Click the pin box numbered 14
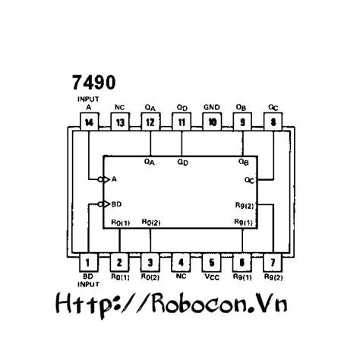pos(89,122)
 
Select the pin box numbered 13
pos(119,122)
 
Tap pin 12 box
pos(150,122)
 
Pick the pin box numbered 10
pos(212,122)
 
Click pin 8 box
pos(273,122)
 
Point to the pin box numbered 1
pos(89,263)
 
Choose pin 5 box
pos(212,263)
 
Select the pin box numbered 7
pos(273,263)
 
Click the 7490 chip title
pos(92,81)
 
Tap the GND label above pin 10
pos(212,106)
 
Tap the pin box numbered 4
pos(181,263)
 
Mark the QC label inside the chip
pos(249,180)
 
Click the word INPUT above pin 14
pos(89,99)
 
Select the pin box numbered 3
pos(150,263)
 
